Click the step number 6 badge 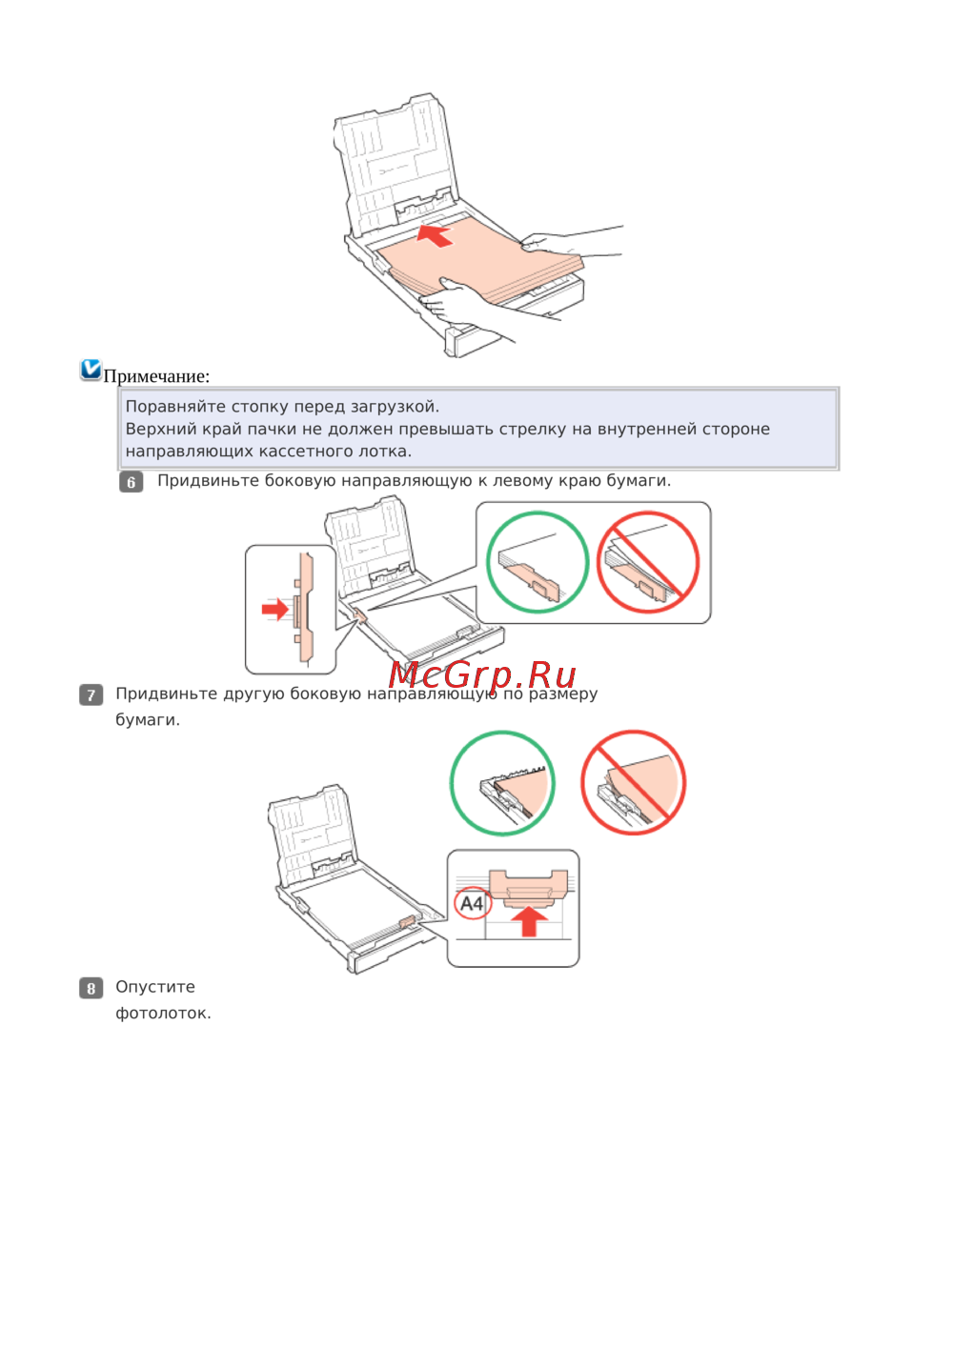click(132, 482)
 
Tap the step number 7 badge click(91, 695)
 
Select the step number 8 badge click(91, 988)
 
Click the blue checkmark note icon click(91, 370)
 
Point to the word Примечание click(156, 376)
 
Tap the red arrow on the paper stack click(435, 234)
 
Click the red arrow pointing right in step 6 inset click(275, 609)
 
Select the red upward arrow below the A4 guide click(530, 921)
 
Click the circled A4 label click(473, 903)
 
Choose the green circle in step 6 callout click(537, 562)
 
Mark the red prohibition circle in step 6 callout click(648, 562)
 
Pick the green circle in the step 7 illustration click(502, 783)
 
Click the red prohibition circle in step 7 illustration click(634, 783)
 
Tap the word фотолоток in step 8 click(163, 1014)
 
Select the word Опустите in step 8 click(155, 988)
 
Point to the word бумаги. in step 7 click(148, 720)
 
